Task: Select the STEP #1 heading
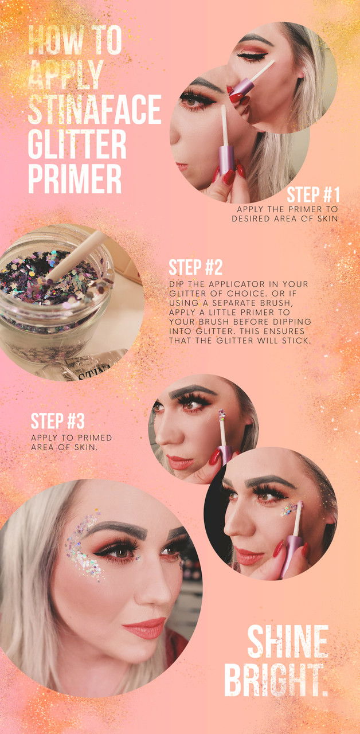click(313, 194)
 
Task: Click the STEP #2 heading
click(195, 268)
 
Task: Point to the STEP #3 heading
click(58, 421)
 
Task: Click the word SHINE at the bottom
click(288, 642)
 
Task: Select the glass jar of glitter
click(57, 298)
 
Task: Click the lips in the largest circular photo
click(144, 628)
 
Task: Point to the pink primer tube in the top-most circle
click(242, 87)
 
